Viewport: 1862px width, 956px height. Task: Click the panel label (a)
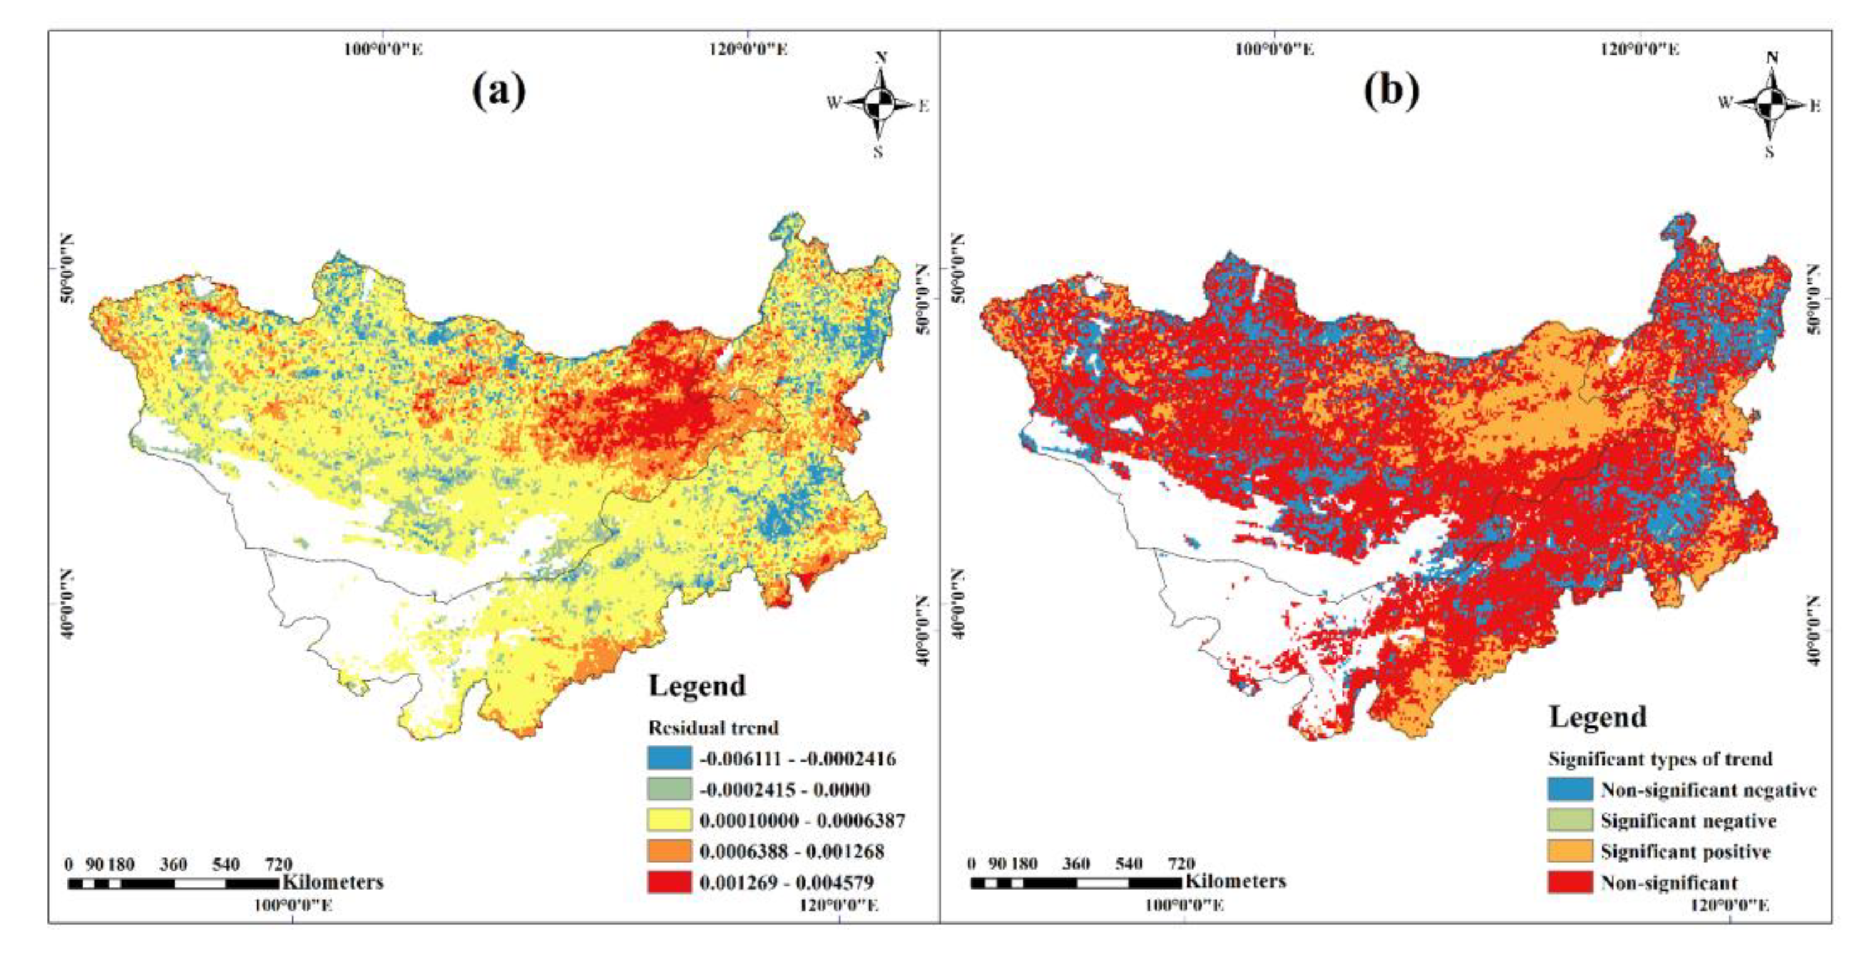point(499,92)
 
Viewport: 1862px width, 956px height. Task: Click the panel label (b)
point(1391,92)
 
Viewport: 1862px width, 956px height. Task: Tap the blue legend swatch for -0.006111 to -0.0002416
point(669,758)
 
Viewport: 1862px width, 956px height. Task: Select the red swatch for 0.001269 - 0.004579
point(669,882)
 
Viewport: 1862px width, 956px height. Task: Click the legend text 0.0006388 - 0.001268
point(791,851)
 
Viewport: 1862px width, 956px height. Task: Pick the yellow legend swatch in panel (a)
point(669,820)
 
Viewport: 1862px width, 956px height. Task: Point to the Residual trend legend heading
point(713,727)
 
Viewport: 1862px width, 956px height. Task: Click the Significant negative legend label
point(1688,821)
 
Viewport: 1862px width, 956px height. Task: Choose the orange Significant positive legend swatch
point(1570,851)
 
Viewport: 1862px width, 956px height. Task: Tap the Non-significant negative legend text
point(1708,790)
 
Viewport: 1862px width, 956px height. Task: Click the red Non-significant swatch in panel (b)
point(1570,882)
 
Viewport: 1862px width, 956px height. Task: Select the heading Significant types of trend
point(1660,759)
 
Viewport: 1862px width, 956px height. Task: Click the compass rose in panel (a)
point(879,105)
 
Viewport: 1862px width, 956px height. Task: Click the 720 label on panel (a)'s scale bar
point(279,864)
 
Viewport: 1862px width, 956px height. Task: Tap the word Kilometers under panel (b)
point(1235,881)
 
